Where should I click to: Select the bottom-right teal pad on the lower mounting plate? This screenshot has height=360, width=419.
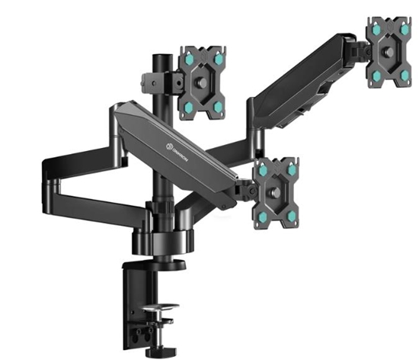click(291, 217)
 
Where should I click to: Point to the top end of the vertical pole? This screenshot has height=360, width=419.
click(162, 58)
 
